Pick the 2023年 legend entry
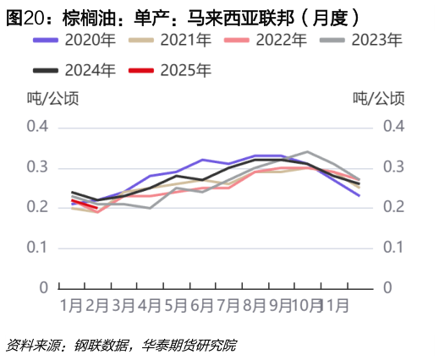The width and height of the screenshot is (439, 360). [376, 40]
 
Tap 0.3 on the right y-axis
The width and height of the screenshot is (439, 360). [394, 166]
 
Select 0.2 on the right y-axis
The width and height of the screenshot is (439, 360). [394, 207]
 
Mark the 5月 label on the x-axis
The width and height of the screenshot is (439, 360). [176, 303]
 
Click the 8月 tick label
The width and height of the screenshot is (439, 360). [255, 303]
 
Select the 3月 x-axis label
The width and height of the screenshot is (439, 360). [123, 303]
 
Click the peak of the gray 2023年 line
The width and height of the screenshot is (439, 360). [306, 152]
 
